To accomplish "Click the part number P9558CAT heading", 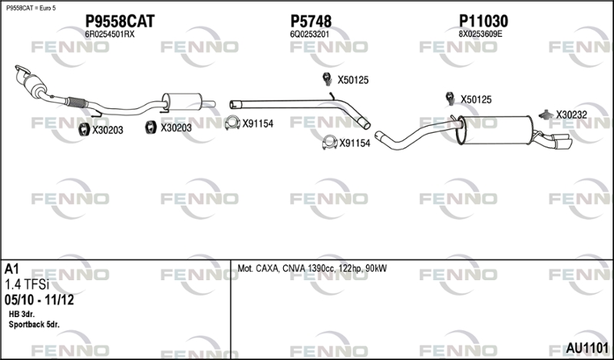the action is tap(120, 21).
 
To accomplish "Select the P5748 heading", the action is tap(311, 21).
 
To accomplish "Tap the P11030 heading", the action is tap(484, 21).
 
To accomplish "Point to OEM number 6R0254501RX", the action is tap(110, 35).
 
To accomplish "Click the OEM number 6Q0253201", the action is tap(309, 35).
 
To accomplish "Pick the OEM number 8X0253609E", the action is tap(480, 34).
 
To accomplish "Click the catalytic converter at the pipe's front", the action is tap(35, 84).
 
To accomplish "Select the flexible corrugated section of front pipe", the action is tap(76, 102).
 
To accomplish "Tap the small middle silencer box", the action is tap(182, 102).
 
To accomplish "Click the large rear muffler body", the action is tap(496, 130).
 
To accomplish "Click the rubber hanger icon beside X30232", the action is tap(546, 114).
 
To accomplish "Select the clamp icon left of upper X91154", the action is tap(233, 123).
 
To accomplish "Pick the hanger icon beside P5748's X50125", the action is tap(327, 79).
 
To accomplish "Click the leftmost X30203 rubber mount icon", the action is tap(84, 129).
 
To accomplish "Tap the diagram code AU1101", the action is tap(587, 348).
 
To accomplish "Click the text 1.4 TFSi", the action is tap(27, 283).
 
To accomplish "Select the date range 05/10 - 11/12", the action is tap(39, 300).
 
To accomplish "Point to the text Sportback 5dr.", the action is tap(34, 325).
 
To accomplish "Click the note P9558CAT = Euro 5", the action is tap(31, 8).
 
